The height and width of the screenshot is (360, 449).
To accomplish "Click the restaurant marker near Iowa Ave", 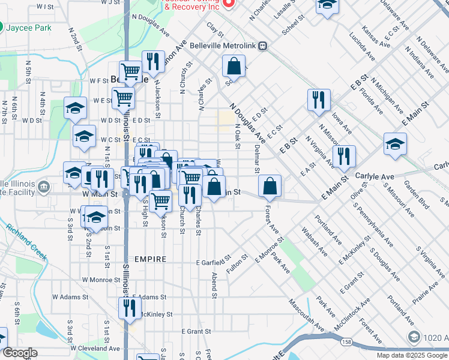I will tap(318, 100).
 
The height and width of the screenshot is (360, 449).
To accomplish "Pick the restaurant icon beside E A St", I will tap(343, 157).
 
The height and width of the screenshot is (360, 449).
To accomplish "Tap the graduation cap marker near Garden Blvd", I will tap(395, 145).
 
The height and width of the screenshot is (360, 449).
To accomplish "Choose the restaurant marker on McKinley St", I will tap(130, 309).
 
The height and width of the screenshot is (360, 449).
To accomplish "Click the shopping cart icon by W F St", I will tap(130, 72).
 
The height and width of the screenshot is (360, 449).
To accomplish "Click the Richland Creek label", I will tap(26, 241).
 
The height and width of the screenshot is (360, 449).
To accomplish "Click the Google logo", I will tap(20, 353).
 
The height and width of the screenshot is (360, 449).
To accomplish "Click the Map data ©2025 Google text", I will tap(411, 355).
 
